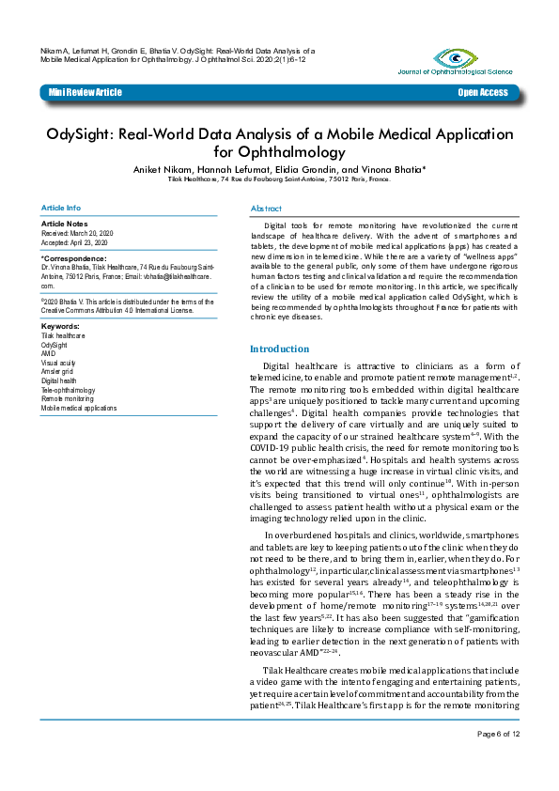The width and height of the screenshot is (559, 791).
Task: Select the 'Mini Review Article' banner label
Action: [85, 92]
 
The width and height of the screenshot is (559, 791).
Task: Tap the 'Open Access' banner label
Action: [483, 92]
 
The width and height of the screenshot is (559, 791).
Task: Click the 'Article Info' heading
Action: [61, 207]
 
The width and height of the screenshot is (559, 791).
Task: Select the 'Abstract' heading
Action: [266, 207]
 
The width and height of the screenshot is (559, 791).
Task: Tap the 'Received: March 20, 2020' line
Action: [77, 233]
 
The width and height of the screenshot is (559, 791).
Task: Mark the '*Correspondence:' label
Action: [74, 257]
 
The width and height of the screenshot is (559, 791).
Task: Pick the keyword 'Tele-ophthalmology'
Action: [69, 390]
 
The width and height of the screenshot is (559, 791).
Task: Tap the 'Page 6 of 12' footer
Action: [498, 760]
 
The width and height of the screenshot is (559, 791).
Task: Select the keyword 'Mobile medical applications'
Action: [79, 409]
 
